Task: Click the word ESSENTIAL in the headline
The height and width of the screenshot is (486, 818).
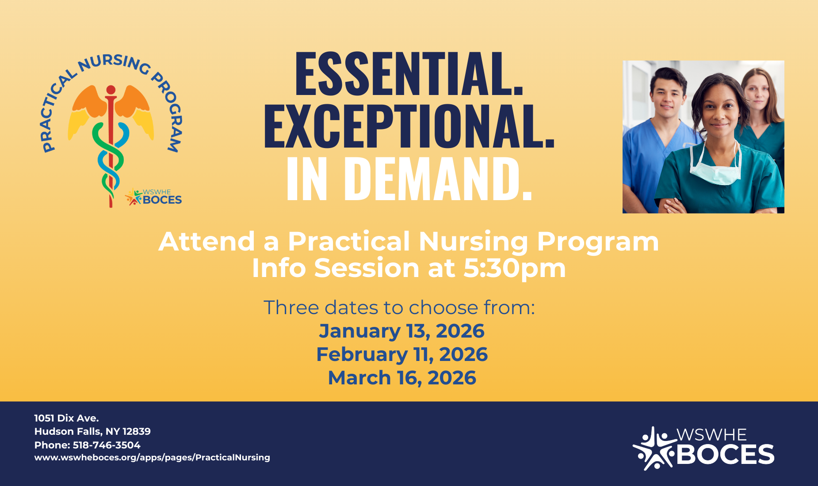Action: click(409, 74)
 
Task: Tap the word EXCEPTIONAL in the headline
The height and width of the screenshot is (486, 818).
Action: click(409, 126)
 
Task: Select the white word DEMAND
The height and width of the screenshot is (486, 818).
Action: click(438, 179)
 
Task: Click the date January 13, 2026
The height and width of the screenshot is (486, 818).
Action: click(401, 331)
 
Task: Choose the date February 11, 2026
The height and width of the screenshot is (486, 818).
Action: click(401, 354)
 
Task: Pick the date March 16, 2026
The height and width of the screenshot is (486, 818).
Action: click(401, 378)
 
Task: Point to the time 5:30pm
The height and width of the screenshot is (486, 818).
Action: click(514, 268)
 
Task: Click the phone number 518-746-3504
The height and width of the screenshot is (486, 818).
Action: click(107, 445)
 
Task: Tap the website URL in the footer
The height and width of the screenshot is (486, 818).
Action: click(152, 458)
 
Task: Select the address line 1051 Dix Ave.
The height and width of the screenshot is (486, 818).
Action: click(66, 418)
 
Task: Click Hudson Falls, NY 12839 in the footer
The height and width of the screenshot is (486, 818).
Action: click(92, 431)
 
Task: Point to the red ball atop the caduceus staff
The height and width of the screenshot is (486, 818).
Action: click(111, 90)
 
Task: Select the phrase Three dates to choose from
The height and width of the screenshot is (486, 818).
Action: click(399, 308)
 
